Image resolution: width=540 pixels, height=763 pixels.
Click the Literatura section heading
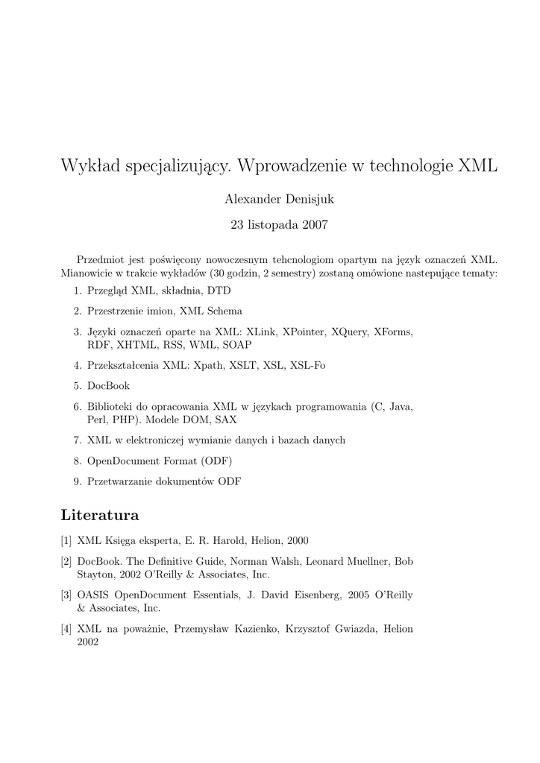click(100, 515)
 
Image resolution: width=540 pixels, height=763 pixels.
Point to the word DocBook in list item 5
click(108, 386)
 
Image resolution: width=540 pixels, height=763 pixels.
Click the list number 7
click(77, 440)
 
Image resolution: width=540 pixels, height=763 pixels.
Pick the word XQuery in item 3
click(350, 332)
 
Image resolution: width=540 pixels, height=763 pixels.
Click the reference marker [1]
click(66, 541)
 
